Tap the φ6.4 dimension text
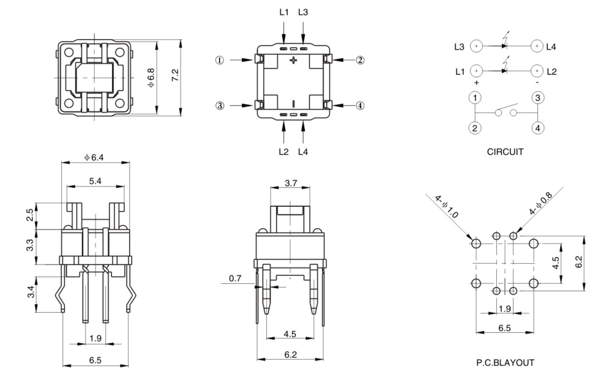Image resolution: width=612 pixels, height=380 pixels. point(95,157)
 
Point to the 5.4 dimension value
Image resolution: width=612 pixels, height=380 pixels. point(95,181)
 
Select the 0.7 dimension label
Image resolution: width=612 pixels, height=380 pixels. point(235,279)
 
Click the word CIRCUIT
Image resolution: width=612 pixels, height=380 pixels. point(505,152)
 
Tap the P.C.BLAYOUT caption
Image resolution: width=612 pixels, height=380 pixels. point(505,363)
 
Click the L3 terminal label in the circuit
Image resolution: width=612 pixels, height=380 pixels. point(460,47)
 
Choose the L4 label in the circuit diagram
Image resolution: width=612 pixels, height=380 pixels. point(551,47)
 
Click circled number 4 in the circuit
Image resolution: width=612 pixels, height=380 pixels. point(537,129)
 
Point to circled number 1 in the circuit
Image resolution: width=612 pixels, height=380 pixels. point(475,98)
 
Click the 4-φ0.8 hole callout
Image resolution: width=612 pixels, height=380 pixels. point(541,206)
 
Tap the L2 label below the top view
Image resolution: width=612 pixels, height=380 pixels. point(283,151)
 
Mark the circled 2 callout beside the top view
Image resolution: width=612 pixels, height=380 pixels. point(360,60)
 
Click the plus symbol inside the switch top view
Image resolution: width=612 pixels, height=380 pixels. point(293,60)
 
